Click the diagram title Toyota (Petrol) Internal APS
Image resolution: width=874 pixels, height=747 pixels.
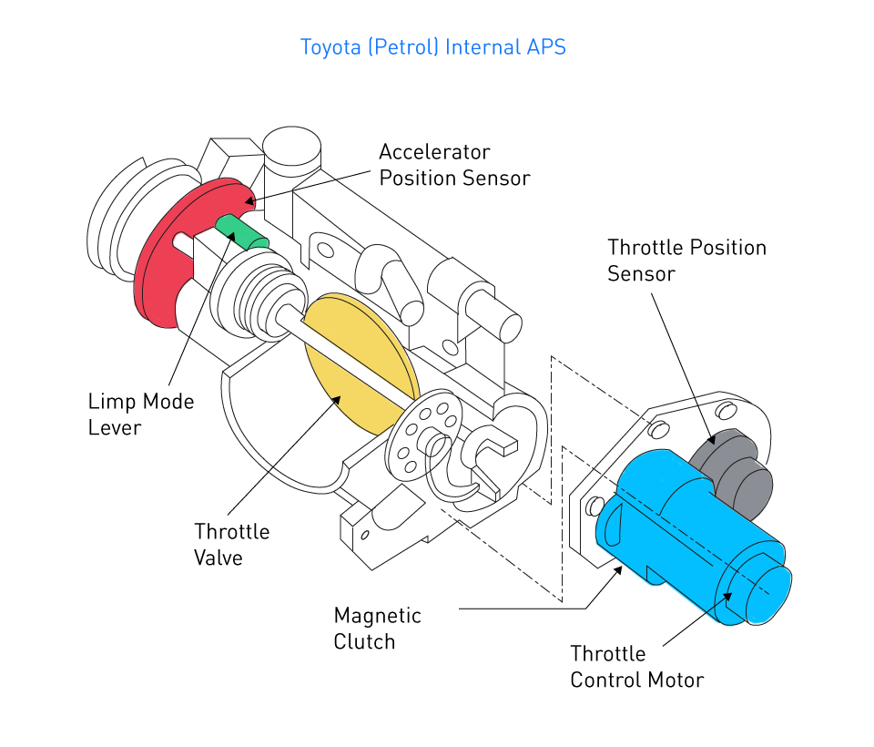point(433,46)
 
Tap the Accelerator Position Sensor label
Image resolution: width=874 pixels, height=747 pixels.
point(453,165)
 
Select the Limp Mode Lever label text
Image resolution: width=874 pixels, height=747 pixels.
point(141,414)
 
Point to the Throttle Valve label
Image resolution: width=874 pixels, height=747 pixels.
point(231,544)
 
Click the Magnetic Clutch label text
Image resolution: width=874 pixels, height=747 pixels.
point(377,629)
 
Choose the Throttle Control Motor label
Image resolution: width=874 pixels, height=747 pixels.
point(636,667)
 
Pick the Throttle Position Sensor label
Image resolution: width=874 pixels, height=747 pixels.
point(686,261)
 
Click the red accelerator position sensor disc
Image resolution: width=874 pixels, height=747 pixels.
point(164,264)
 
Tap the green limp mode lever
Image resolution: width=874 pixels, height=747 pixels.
point(242,232)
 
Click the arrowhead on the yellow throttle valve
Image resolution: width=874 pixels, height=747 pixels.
point(338,397)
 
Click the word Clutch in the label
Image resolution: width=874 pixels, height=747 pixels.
point(364,641)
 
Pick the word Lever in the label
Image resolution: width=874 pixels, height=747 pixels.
point(115,427)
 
